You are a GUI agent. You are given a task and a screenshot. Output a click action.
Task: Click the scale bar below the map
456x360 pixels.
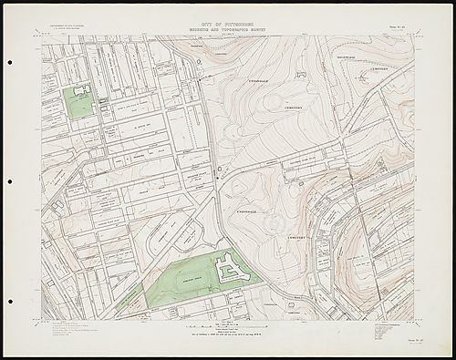click(x=228, y=325)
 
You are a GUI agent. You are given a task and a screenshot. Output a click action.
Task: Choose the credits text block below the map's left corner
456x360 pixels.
click(x=73, y=331)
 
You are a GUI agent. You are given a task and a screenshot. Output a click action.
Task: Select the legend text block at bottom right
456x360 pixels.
click(x=383, y=329)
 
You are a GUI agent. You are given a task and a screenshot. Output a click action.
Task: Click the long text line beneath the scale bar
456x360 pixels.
click(x=228, y=334)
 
